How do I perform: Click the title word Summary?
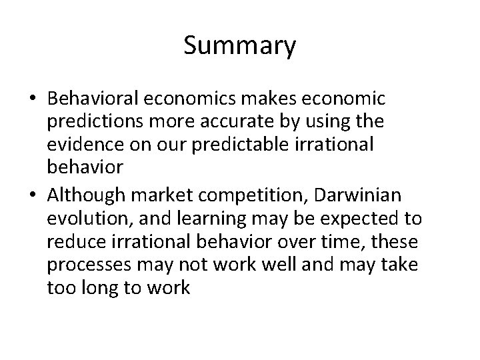[x=239, y=46]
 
